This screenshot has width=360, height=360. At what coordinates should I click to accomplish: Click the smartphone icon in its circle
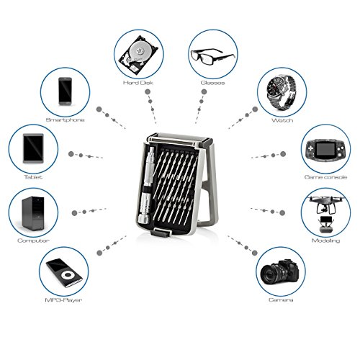65,91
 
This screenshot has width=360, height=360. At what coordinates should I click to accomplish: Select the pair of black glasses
212,56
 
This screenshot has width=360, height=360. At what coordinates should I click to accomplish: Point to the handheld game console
325,148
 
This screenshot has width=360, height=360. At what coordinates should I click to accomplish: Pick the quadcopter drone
326,204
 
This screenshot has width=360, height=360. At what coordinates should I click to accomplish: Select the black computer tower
33,213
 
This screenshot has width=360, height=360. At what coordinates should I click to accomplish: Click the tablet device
33,148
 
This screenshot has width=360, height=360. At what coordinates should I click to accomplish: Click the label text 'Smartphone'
65,120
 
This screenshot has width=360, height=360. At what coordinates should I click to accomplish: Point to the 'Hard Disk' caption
138,83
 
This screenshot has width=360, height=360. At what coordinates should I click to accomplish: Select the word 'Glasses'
212,83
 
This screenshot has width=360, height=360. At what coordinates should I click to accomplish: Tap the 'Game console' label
325,177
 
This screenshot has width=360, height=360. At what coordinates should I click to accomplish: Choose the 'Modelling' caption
325,240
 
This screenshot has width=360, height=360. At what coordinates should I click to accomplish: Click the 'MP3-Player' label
63,300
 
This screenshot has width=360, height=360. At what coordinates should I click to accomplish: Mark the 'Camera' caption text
281,300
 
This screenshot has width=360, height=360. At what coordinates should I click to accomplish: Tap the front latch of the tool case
161,233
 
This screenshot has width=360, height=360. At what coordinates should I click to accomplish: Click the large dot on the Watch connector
255,109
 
